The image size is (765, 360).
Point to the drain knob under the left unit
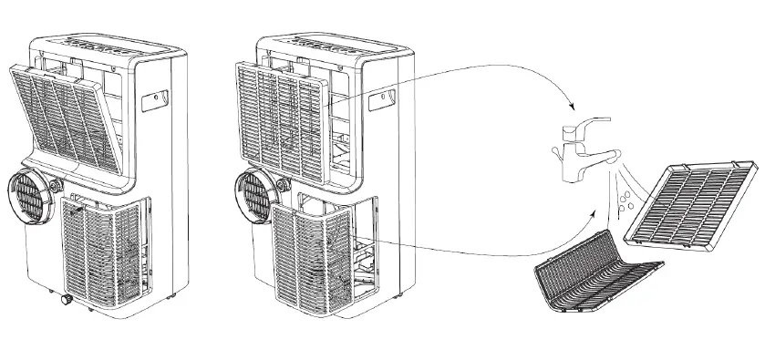pos(66,300)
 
